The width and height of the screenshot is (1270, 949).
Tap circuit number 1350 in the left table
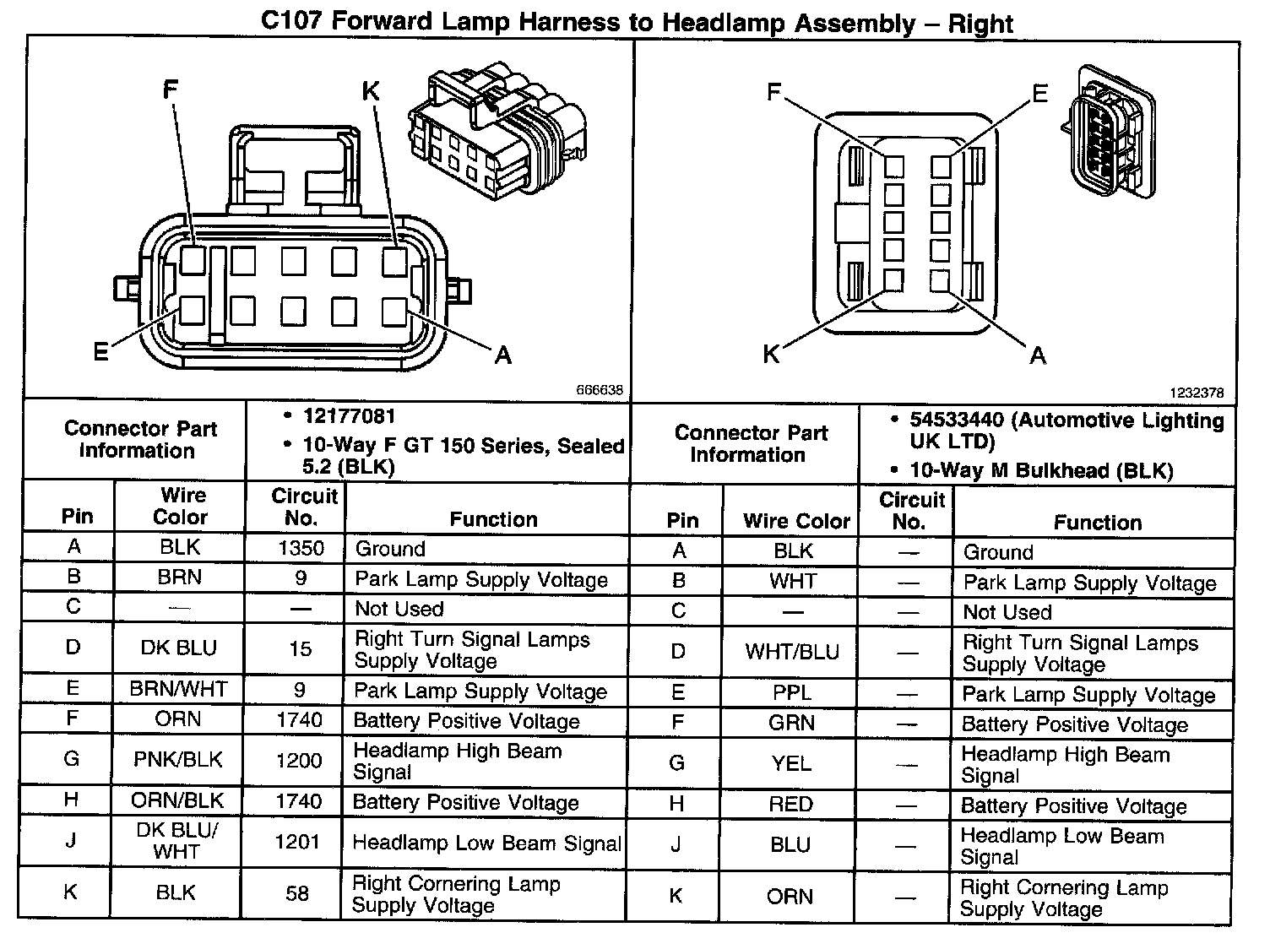click(301, 548)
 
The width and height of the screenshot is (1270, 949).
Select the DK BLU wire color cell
click(178, 648)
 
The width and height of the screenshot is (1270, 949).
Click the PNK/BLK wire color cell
click(177, 760)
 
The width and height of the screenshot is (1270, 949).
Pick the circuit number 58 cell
click(297, 893)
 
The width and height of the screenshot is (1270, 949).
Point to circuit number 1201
click(297, 841)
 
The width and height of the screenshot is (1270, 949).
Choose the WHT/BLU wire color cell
click(791, 652)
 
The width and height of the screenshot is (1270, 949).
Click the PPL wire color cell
click(791, 693)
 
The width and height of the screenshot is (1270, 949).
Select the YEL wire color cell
click(791, 763)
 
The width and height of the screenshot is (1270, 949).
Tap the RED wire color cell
click(790, 804)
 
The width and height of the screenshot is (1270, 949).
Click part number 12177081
click(349, 416)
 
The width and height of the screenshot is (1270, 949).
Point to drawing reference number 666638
click(600, 390)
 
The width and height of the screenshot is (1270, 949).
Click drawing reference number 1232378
click(1196, 393)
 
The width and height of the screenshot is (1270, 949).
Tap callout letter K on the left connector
click(371, 91)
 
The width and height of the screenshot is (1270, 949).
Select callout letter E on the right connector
click(1039, 93)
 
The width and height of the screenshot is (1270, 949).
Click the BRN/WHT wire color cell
click(178, 690)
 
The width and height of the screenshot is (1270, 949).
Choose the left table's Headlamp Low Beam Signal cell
click(486, 843)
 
